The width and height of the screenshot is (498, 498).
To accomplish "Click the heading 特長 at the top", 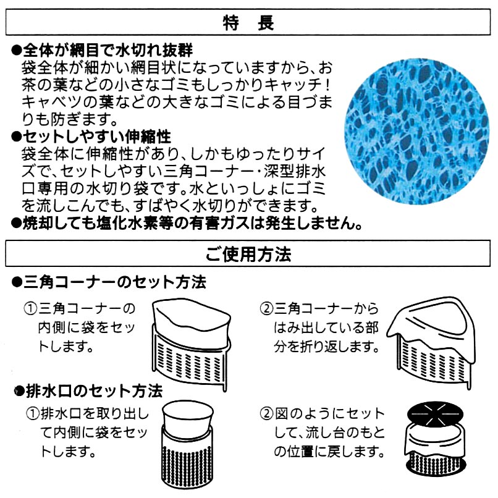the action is (x=248, y=23).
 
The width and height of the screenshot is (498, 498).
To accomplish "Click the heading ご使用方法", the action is (x=248, y=255).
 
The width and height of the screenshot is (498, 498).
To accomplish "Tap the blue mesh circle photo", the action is (x=417, y=131).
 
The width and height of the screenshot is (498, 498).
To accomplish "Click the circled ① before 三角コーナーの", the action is (x=30, y=308).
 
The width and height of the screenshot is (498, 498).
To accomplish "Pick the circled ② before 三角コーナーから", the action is (x=266, y=308).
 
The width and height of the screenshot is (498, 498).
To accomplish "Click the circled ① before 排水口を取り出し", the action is (x=33, y=414).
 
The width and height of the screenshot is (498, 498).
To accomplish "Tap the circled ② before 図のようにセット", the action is (x=266, y=414).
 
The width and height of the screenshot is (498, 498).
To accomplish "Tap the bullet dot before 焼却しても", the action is (x=16, y=224).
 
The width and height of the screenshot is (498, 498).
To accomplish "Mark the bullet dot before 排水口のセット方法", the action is (x=20, y=392).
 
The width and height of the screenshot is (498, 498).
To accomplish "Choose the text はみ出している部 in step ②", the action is (x=326, y=327).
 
